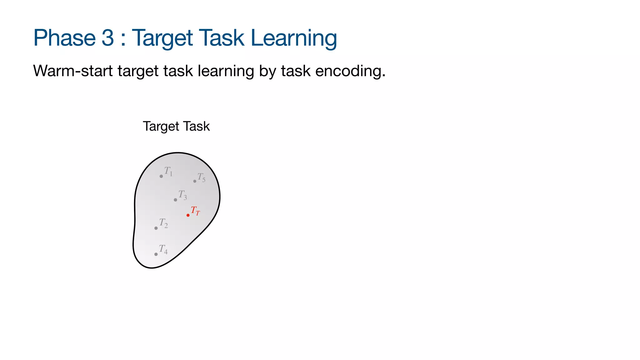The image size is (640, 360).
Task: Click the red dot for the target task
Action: pos(188,215)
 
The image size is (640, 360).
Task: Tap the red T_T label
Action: pos(195,211)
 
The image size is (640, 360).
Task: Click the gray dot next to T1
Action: pos(161,176)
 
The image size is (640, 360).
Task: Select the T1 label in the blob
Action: pos(168,171)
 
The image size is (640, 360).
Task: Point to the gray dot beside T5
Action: pos(195,181)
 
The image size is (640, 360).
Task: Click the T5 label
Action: pos(202,177)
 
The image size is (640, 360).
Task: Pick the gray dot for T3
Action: pos(175,200)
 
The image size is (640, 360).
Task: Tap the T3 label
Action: pos(183,195)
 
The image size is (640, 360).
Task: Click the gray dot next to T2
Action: pos(156,228)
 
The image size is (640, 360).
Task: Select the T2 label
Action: pos(163,223)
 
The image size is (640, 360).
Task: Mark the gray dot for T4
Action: pos(156,254)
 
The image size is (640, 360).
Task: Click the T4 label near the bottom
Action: pos(163,249)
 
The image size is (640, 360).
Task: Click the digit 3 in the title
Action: pos(108,38)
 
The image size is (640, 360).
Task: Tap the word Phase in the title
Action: pos(64,38)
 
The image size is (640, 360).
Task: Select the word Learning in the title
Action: pos(294,38)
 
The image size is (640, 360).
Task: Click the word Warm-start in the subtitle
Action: pos(73,71)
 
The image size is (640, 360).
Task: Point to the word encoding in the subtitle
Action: pos(350,71)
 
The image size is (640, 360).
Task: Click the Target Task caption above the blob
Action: pos(176,126)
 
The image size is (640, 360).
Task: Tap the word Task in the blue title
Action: pos(221,38)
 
